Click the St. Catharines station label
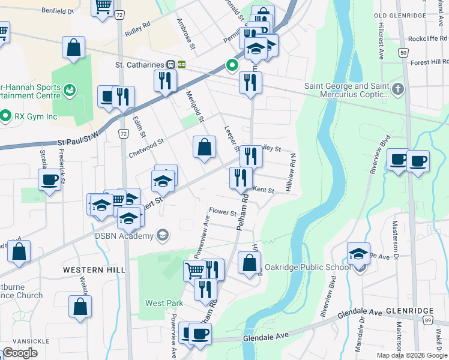[x=140, y=64]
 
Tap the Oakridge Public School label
[x=307, y=267]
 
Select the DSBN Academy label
[x=124, y=236]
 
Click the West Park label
[x=164, y=303]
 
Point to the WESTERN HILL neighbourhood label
[x=94, y=271]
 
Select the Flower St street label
[x=223, y=211]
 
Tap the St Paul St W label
[x=77, y=141]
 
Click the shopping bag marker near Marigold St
[x=204, y=147]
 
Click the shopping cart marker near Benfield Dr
[x=103, y=6]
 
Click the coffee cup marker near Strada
[x=50, y=179]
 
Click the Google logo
[x=20, y=353]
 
